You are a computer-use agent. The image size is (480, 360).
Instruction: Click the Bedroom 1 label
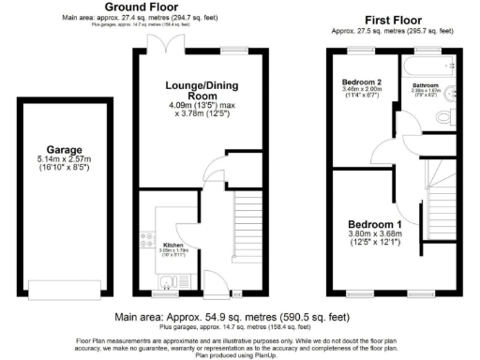[x=375, y=225]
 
